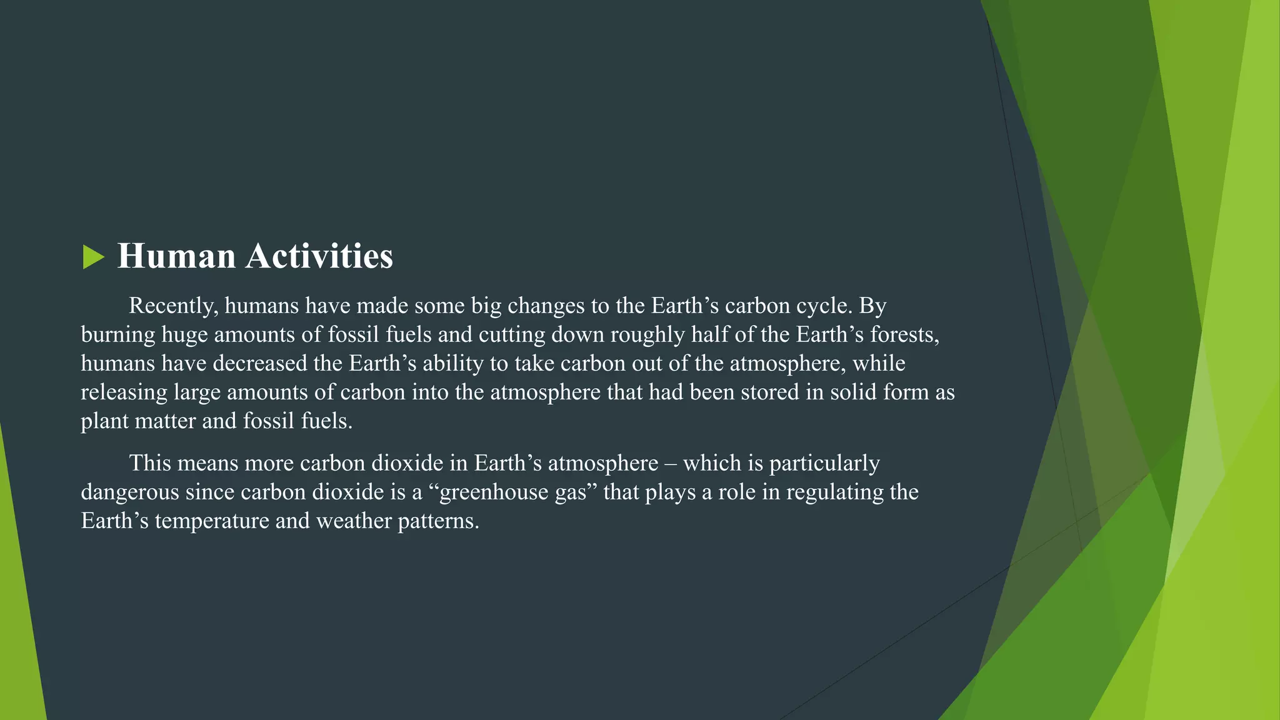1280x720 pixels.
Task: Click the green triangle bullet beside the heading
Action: click(x=93, y=257)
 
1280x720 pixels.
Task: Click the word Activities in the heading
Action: click(x=319, y=256)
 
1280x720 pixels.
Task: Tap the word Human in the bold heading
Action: click(x=176, y=256)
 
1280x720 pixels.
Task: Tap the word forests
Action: click(x=904, y=335)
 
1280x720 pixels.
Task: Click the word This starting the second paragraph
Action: click(x=149, y=464)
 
